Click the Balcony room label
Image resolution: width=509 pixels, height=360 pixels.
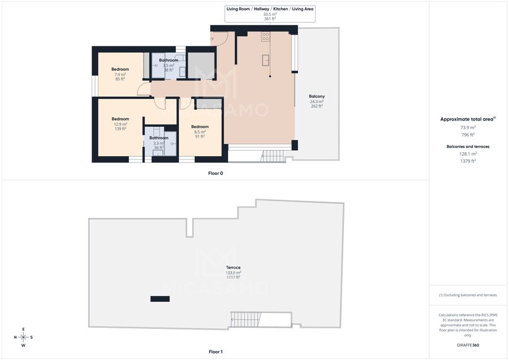pos(317,96)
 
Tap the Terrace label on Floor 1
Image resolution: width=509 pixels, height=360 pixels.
pos(233,267)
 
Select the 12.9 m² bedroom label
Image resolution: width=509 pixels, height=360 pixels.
pos(120,119)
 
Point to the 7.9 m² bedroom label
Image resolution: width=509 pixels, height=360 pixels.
pos(120,69)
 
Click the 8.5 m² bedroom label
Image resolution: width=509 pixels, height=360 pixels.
pos(200,127)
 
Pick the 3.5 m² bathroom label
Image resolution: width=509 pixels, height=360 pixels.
pos(169,60)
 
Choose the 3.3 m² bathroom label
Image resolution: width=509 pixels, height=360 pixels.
pos(159,138)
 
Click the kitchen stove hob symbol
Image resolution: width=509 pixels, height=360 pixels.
pos(266,36)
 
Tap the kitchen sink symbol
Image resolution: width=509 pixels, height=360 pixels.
pos(266,60)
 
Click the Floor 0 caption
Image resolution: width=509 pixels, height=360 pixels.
pos(215,173)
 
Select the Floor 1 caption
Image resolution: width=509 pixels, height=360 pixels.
pos(215,352)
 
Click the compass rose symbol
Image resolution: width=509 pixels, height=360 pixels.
pos(23,337)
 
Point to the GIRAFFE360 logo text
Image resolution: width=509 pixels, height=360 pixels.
pos(468,345)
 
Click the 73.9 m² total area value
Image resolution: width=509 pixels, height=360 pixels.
pos(468,127)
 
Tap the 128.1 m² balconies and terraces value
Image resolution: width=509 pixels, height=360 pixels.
pos(468,154)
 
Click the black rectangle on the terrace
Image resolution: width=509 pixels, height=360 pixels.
pos(160,299)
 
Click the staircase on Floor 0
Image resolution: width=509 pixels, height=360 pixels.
pos(273,156)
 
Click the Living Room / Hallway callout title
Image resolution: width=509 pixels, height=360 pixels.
pos(270,8)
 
